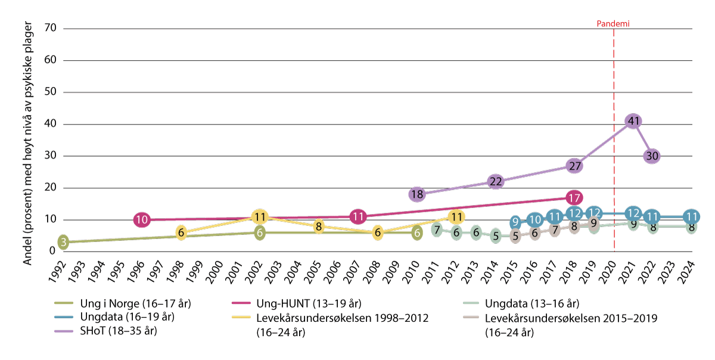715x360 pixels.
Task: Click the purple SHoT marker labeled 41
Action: point(633,121)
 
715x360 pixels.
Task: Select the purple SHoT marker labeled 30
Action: point(652,156)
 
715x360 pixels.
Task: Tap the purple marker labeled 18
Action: point(416,194)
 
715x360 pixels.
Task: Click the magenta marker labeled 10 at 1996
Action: point(141,220)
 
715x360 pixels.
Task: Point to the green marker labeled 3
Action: point(63,242)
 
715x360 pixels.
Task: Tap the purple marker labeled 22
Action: point(495,181)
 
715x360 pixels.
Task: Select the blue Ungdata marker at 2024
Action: point(691,216)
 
